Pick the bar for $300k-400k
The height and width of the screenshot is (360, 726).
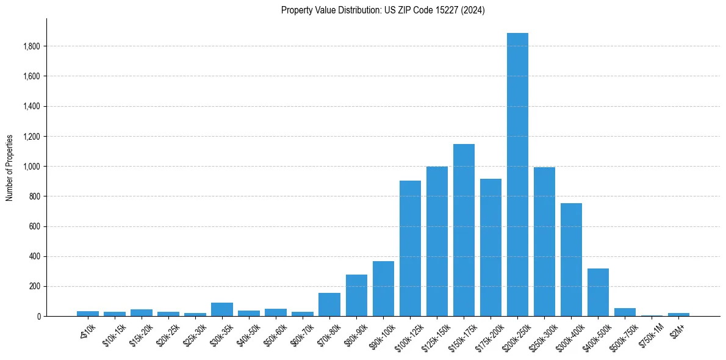pyautogui.click(x=571, y=259)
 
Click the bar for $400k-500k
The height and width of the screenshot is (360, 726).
pyautogui.click(x=598, y=292)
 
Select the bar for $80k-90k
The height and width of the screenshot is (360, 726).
pyautogui.click(x=356, y=295)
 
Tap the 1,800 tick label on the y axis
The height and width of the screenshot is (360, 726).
pyautogui.click(x=32, y=46)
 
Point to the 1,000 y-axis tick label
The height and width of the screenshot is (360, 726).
pyautogui.click(x=32, y=167)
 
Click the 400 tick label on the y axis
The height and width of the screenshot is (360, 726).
pyautogui.click(x=35, y=256)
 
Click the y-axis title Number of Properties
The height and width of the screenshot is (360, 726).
pyautogui.click(x=10, y=168)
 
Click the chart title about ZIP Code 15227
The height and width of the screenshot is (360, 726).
pyautogui.click(x=383, y=10)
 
